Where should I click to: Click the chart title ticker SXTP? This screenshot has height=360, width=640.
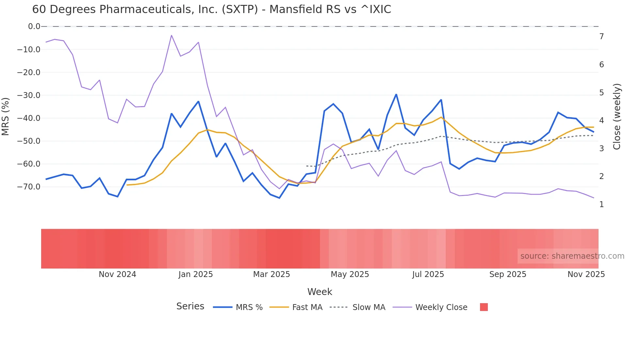coord(240,9)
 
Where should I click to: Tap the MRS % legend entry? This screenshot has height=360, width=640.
coord(249,307)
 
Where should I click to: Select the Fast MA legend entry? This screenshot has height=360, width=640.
coord(307,307)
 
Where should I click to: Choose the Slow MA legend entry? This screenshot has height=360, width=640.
coord(369,307)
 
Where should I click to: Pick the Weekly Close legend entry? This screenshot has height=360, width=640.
coord(441,307)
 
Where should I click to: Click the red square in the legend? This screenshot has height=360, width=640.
coord(484,307)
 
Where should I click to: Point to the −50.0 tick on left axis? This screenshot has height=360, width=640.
coord(29,141)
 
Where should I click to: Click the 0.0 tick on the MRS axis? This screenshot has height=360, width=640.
coord(34,26)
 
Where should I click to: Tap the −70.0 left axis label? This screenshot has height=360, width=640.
coord(29,187)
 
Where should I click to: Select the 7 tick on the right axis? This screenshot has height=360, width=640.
coord(601,37)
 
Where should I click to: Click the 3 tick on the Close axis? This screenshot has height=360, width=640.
coord(601,149)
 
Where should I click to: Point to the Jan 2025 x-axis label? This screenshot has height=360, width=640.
coord(196,274)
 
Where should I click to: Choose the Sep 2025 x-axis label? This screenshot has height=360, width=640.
coord(507,274)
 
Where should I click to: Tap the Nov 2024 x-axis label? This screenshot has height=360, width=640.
coord(117,274)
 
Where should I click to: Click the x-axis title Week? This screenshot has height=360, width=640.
coord(320,292)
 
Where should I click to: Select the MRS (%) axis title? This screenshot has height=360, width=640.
coord(5,116)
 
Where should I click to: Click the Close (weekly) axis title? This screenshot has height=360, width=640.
coord(617,117)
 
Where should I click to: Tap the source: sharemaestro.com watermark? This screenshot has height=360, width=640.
coord(572,256)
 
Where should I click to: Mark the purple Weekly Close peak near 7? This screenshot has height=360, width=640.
coord(171,35)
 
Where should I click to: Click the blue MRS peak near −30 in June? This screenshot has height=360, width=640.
coord(396,94)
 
